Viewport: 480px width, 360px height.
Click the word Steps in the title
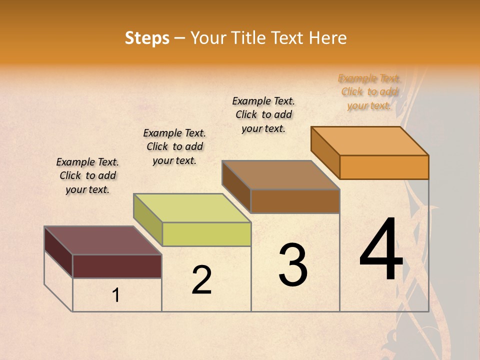point(147,38)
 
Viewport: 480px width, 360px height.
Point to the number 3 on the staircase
point(293,264)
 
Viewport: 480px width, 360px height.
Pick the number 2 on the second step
point(201,279)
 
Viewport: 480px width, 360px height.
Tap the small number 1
point(116,295)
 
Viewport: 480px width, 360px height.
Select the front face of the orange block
point(384,167)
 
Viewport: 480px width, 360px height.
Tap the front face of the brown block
point(295,201)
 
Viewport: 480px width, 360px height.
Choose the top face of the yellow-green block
point(192,208)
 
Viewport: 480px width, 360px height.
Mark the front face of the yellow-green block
point(206,234)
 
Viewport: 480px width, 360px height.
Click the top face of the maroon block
point(103,240)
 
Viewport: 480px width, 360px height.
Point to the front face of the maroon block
point(117,266)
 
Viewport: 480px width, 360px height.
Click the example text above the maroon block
point(87,175)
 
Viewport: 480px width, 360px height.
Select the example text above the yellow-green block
point(174,146)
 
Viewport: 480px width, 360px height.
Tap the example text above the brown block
point(263,114)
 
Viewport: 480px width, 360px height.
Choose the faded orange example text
point(369,91)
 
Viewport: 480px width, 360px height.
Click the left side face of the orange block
point(325,152)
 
